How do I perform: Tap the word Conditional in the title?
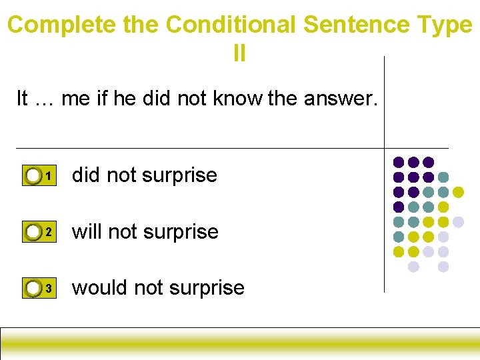231,25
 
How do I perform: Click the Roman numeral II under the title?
239,53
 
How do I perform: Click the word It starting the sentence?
22,99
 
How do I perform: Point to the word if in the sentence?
101,99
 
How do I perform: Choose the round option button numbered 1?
33,176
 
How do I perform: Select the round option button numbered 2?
33,232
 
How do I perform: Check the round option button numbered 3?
33,288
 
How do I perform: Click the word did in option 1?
86,175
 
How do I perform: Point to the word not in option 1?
121,175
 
